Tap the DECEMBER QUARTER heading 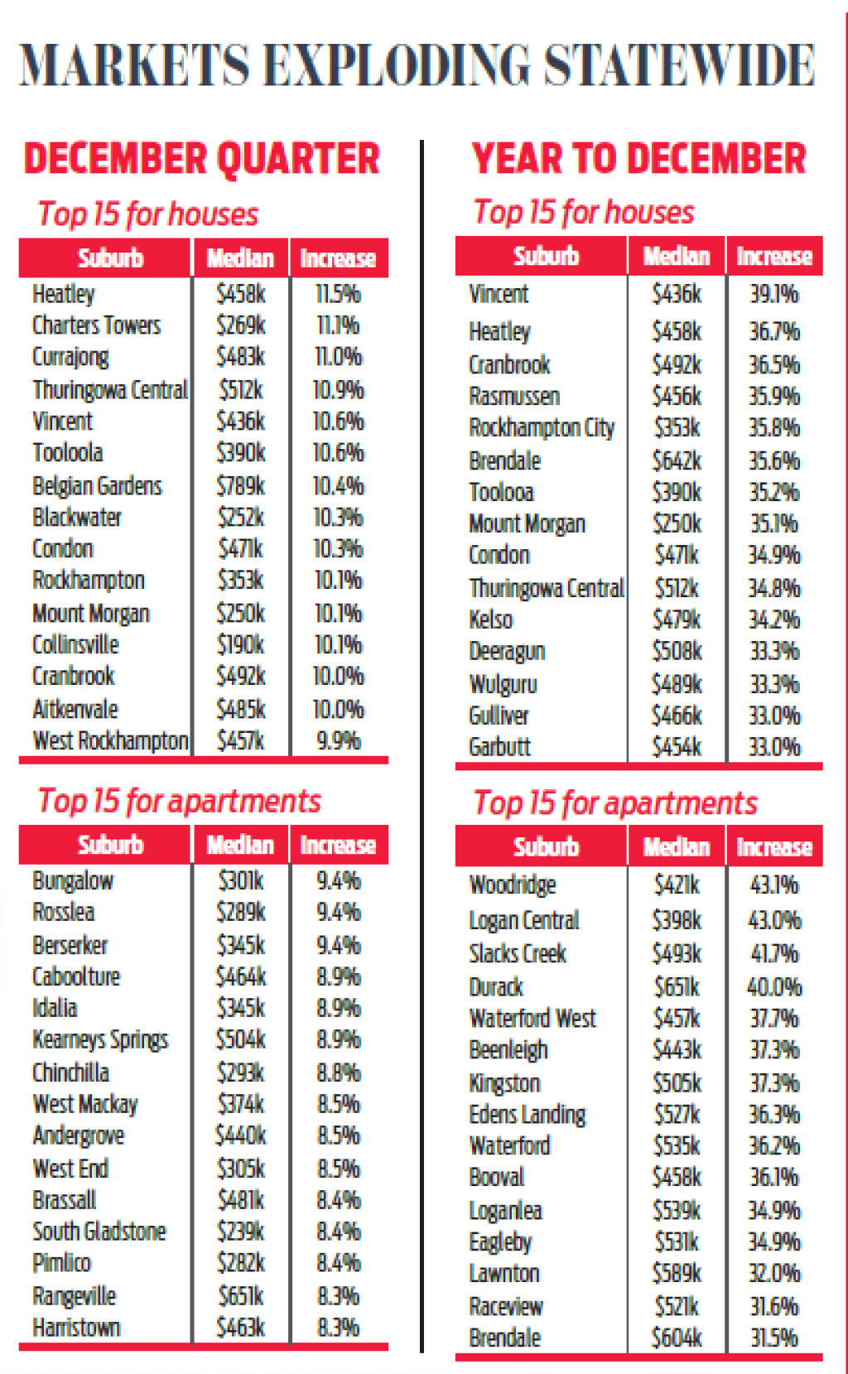coord(201,158)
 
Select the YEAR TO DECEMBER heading coord(638,158)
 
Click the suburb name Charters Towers coord(96,325)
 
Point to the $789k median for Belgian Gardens coord(241,485)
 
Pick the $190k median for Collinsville coord(241,644)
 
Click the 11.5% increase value coord(338,294)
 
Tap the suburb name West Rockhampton coord(110,740)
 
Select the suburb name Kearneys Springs coord(100,1039)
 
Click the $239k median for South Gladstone coord(241,1232)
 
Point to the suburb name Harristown coord(76,1328)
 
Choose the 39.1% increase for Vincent coord(774,294)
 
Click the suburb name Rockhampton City coord(542,427)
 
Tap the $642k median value coord(677,460)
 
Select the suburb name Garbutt coord(499,747)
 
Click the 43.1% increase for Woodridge coord(774,885)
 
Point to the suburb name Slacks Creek coord(518,953)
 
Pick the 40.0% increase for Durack coord(774,987)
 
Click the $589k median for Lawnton coord(677,1273)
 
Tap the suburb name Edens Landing coord(527,1115)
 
